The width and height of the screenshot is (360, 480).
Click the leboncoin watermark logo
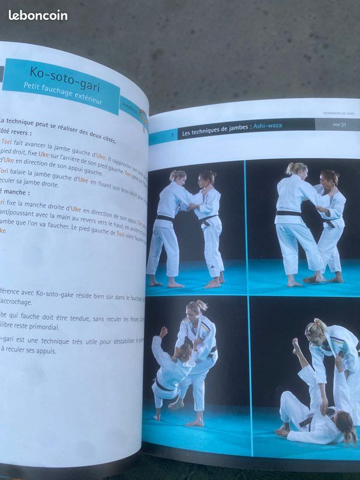coord(38,15)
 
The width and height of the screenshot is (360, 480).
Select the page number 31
coord(343,124)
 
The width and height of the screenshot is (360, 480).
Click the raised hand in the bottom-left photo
coord(163,331)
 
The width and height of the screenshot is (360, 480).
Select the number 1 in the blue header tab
coord(173,136)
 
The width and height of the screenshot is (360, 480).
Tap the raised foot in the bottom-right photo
coord(295,344)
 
